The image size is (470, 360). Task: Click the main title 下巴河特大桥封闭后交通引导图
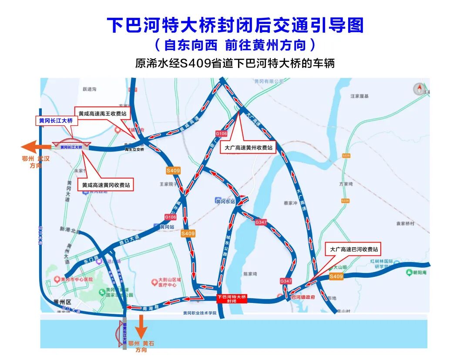click(235, 25)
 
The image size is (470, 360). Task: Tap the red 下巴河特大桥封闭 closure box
click(232, 299)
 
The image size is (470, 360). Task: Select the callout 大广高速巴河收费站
click(353, 249)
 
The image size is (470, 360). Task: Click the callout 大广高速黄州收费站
click(248, 148)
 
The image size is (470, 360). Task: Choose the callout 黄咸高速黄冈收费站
click(106, 185)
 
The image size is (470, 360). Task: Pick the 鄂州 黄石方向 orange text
click(141, 347)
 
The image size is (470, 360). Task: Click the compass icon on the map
click(420, 89)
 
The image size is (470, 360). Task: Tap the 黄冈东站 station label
click(225, 201)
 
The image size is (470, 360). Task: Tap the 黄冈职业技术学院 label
click(199, 313)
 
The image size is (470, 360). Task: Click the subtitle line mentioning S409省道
click(235, 63)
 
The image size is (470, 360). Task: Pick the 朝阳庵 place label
click(417, 273)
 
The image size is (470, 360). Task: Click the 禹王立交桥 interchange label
click(134, 149)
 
